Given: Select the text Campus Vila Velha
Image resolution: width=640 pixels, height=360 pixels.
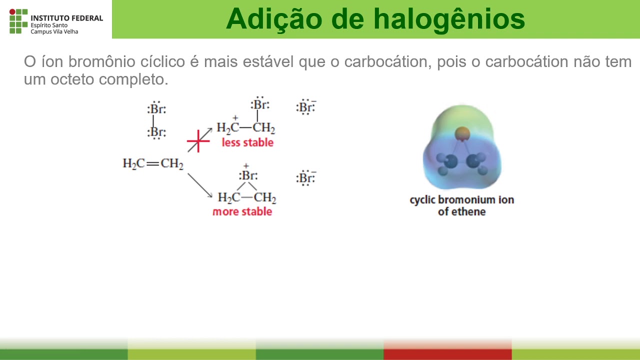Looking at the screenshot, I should (x=54, y=31).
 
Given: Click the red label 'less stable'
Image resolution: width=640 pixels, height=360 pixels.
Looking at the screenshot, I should (x=247, y=142).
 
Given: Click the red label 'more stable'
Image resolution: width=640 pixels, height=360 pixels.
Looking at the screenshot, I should (x=242, y=211).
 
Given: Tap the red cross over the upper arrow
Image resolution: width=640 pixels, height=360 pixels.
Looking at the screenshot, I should (x=199, y=141).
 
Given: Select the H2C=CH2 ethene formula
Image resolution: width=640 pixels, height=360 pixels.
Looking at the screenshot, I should (x=153, y=163).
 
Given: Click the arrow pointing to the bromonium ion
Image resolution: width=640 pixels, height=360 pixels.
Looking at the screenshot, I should (x=200, y=185).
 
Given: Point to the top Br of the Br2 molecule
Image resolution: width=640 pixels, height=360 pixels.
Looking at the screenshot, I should (x=156, y=109).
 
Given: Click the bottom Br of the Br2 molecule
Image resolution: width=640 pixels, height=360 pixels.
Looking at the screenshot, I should (x=156, y=132).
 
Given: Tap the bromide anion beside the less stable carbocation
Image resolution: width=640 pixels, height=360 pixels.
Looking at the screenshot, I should (x=306, y=107).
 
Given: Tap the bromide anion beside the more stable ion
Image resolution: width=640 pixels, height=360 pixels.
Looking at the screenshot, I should (x=306, y=178).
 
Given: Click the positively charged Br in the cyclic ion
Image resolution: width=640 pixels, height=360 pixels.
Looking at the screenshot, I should (x=248, y=175).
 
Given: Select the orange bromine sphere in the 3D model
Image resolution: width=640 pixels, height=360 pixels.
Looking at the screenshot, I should (x=462, y=133).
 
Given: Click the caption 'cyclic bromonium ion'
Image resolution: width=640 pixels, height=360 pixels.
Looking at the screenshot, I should (x=461, y=200).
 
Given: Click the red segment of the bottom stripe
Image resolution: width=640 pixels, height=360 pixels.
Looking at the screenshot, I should (x=447, y=353).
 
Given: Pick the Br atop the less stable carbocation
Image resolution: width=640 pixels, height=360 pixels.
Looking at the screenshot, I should (x=260, y=105).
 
